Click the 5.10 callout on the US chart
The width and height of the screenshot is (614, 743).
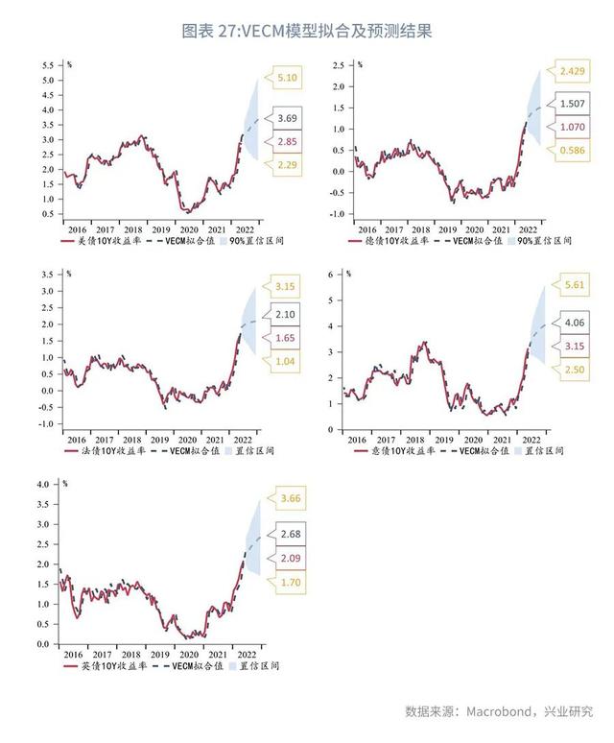click(x=287, y=77)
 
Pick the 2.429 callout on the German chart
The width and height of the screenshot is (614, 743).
click(x=572, y=72)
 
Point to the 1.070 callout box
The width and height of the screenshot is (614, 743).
click(x=572, y=126)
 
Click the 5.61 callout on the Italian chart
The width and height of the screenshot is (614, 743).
click(x=575, y=285)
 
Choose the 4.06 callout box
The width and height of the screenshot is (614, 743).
click(x=575, y=323)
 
